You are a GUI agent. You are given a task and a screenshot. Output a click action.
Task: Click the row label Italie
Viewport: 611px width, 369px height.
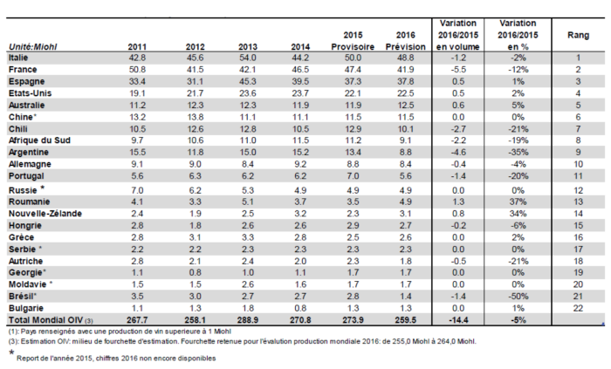click(x=18, y=58)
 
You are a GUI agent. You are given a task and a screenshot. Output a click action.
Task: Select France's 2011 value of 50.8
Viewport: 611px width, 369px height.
click(x=137, y=70)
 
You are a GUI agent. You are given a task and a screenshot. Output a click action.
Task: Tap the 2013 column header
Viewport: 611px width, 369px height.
click(x=247, y=47)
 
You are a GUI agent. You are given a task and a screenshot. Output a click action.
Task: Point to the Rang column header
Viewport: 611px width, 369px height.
click(x=578, y=35)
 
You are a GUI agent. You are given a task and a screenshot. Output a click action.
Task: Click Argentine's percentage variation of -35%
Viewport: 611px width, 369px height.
click(x=518, y=152)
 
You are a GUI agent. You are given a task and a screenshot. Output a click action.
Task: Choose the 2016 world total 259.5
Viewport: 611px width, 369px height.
click(x=405, y=320)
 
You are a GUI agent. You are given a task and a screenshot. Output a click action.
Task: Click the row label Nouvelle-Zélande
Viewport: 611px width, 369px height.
click(x=45, y=214)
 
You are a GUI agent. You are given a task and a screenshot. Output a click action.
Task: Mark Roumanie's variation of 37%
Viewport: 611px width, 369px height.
click(x=518, y=202)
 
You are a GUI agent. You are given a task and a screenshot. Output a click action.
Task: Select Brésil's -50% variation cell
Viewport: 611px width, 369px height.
click(x=518, y=297)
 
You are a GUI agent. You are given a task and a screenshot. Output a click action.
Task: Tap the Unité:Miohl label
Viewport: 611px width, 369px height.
click(x=33, y=47)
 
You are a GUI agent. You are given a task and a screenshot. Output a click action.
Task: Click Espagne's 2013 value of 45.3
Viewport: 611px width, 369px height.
click(x=247, y=81)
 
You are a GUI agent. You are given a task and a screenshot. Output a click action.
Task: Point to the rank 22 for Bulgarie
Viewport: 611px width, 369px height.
click(x=578, y=308)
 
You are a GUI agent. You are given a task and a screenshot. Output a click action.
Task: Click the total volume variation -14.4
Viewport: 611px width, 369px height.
click(x=458, y=320)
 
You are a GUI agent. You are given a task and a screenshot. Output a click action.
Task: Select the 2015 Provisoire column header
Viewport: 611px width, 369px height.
click(x=353, y=41)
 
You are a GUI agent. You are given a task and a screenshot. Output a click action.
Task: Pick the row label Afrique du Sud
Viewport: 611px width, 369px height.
click(x=39, y=140)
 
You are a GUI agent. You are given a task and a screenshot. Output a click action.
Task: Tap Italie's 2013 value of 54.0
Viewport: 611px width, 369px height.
click(x=247, y=58)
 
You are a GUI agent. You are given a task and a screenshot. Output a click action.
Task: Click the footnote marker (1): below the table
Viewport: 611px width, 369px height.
click(x=13, y=331)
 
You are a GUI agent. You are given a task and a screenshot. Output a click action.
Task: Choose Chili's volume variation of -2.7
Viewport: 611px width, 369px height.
click(x=458, y=129)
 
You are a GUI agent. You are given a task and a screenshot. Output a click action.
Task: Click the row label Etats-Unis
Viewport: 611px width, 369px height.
click(x=30, y=93)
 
